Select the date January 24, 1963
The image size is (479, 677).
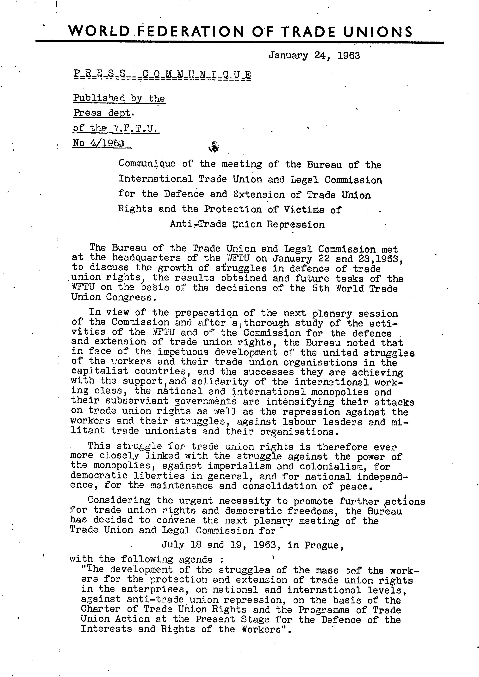(x=314, y=56)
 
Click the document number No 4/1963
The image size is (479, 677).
(x=98, y=143)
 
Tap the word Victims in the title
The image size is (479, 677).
(x=304, y=209)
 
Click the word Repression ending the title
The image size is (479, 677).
(x=295, y=225)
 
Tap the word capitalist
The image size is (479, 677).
(x=100, y=371)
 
